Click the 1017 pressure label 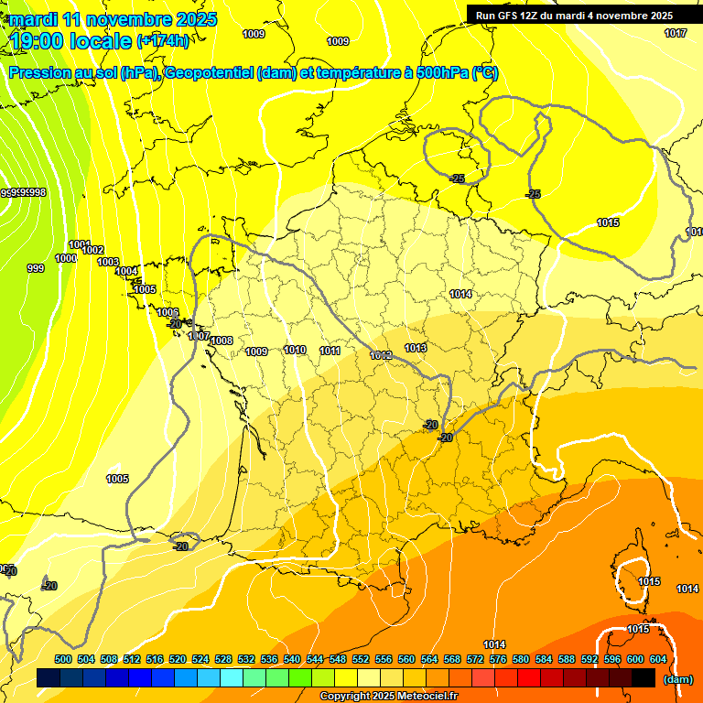(x=676, y=34)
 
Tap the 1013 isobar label (x=416, y=348)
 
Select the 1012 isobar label (x=381, y=355)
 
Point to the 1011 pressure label (x=330, y=351)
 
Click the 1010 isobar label (x=295, y=350)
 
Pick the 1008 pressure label (x=222, y=341)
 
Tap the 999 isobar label (x=36, y=268)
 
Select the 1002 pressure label (x=93, y=250)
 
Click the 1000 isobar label (x=66, y=258)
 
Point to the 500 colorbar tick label (x=63, y=659)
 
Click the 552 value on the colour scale (x=362, y=659)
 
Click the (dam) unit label (x=678, y=679)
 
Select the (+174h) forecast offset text (x=163, y=41)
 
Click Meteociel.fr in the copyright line (x=422, y=697)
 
